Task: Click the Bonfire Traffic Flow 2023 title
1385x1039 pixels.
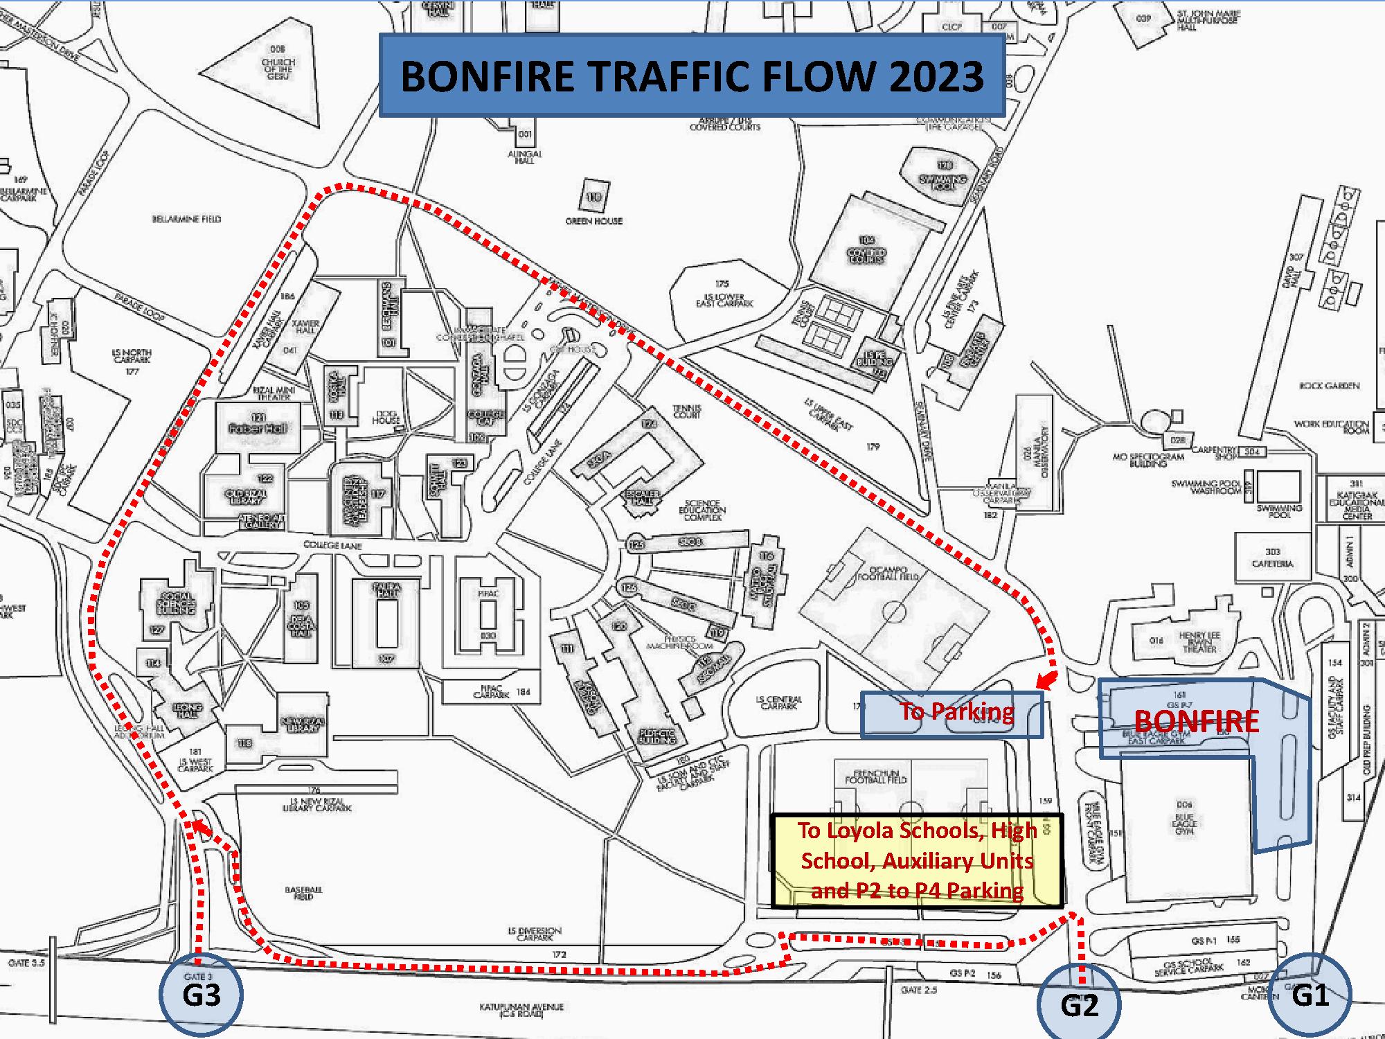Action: (x=692, y=76)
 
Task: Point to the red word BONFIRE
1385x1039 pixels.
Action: (x=1197, y=721)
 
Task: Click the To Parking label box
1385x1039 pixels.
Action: (x=952, y=713)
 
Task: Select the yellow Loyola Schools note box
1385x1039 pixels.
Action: (x=916, y=860)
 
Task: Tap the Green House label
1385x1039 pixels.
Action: (x=593, y=221)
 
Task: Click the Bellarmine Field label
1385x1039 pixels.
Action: (x=186, y=219)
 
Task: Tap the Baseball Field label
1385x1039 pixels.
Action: (x=303, y=893)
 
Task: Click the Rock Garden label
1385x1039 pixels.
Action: (x=1329, y=386)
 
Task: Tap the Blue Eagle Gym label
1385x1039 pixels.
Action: (x=1184, y=817)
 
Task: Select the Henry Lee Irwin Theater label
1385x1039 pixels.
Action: (x=1199, y=642)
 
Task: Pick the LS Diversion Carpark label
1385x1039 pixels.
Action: (x=534, y=934)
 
